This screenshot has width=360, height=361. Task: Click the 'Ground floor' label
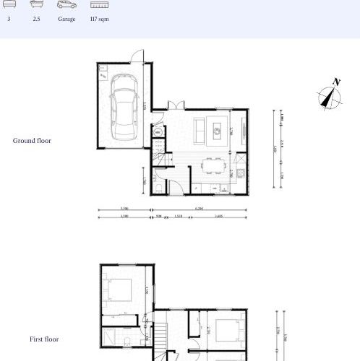32,141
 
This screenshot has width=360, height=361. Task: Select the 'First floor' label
44,339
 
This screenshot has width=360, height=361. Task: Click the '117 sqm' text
99,19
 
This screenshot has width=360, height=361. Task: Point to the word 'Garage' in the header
67,19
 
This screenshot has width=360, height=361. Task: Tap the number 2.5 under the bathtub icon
36,19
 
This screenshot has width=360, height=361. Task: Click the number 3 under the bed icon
9,19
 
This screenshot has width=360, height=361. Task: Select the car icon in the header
67,5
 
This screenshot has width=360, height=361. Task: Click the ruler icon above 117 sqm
99,5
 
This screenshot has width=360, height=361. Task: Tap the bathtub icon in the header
36,5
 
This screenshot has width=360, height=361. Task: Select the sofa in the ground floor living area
201,130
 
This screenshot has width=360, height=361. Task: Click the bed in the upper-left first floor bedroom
117,290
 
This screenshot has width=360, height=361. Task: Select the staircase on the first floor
161,339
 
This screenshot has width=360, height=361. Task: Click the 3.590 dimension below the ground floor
124,209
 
